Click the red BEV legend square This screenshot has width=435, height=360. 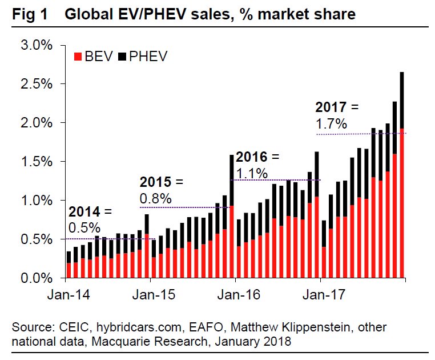tap(78, 57)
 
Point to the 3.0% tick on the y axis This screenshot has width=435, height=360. tap(38, 45)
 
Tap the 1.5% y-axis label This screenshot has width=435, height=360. tap(38, 162)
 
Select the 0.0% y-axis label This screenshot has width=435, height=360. tap(38, 278)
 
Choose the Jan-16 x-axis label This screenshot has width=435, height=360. tap(236, 295)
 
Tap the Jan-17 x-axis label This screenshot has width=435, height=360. tap(321, 295)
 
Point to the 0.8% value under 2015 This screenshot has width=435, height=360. tap(155, 198)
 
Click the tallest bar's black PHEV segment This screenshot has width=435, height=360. tap(402, 100)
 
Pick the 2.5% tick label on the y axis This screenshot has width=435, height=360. tap(38, 83)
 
